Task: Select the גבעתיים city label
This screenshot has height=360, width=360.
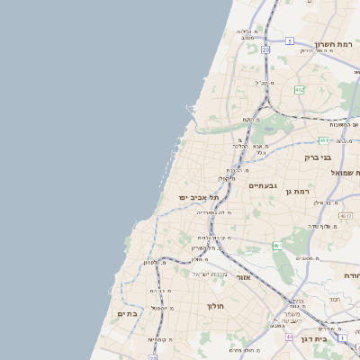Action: [x=262, y=185]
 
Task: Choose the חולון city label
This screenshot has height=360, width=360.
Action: [x=215, y=306]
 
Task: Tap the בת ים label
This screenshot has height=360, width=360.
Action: [x=127, y=314]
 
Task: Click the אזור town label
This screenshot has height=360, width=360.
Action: [x=242, y=277]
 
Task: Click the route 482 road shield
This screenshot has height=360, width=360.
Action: [x=298, y=90]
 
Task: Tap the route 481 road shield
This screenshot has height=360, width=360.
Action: [x=323, y=140]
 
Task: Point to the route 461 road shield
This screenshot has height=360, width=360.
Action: [x=277, y=246]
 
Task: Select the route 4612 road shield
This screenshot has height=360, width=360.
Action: [x=346, y=216]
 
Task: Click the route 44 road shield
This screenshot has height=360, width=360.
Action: [x=289, y=337]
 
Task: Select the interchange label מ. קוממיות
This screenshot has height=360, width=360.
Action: [x=157, y=339]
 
